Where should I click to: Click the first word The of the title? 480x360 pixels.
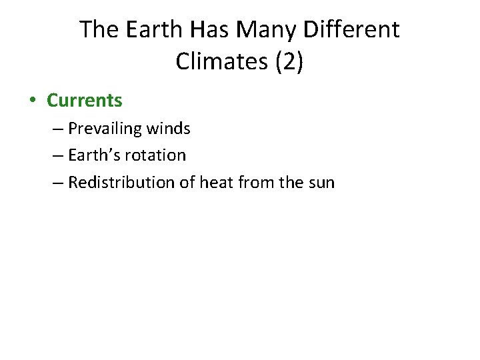pyautogui.click(x=99, y=30)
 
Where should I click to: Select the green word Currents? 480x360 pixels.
pyautogui.click(x=85, y=101)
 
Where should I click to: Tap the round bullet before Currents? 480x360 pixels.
pyautogui.click(x=32, y=101)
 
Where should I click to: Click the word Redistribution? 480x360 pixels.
pyautogui.click(x=121, y=182)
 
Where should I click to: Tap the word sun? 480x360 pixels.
pyautogui.click(x=321, y=182)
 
